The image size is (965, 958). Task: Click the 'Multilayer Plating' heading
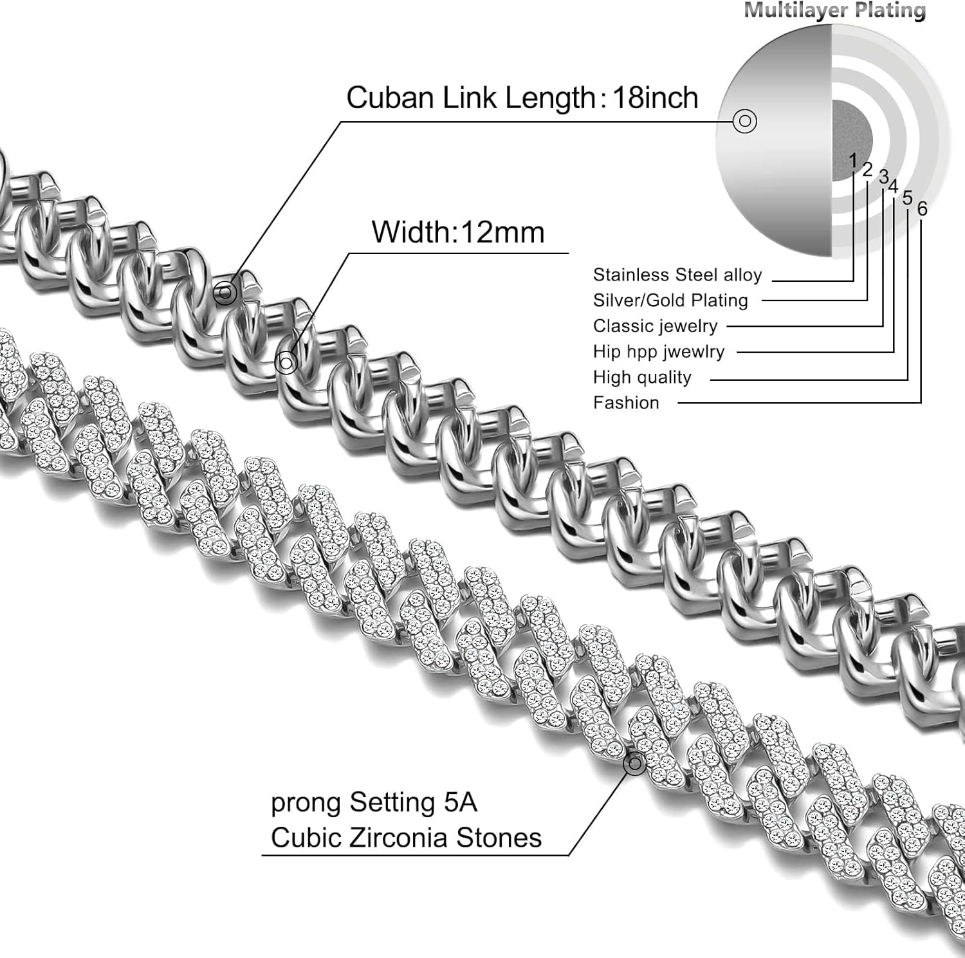(x=834, y=10)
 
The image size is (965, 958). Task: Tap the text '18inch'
(x=655, y=98)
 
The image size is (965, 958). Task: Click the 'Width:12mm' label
(x=457, y=232)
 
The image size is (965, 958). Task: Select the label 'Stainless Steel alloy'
(x=677, y=275)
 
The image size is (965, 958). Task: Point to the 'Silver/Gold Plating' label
(x=670, y=300)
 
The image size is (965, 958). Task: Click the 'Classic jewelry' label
(x=655, y=326)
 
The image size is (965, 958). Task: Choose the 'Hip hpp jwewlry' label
(x=659, y=352)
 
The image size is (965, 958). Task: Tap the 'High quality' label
(x=642, y=378)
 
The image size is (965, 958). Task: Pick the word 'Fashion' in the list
(x=626, y=403)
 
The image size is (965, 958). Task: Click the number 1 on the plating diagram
(x=853, y=160)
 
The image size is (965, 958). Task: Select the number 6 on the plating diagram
(x=923, y=208)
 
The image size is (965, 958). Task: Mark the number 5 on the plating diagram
(x=907, y=198)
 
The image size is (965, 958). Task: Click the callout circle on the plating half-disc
(x=745, y=121)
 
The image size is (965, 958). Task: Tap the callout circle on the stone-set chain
(x=635, y=763)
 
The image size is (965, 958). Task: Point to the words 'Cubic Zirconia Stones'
(x=406, y=838)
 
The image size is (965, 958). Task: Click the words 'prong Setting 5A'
(x=374, y=803)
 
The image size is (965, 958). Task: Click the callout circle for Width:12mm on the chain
(x=286, y=363)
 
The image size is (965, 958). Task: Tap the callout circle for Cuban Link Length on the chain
(x=225, y=293)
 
